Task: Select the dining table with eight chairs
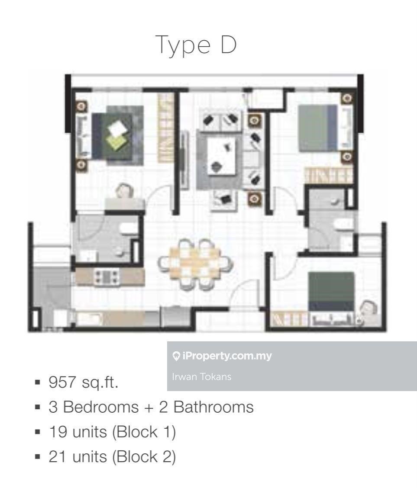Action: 194,262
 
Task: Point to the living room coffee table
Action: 221,155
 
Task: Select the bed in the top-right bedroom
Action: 318,128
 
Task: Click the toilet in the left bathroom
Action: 127,229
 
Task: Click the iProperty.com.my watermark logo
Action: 222,356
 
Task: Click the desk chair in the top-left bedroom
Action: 125,191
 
